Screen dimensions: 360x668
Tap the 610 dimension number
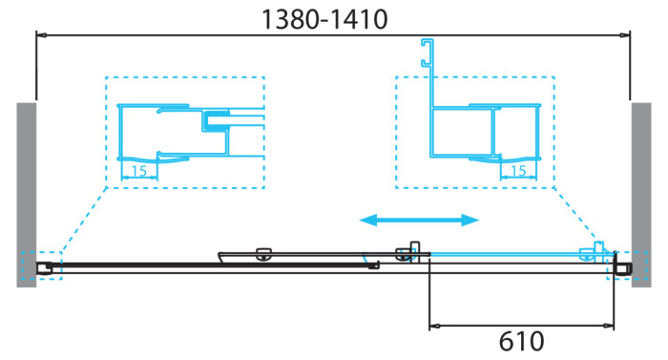point(521,342)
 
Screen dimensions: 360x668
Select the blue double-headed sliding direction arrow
point(418,221)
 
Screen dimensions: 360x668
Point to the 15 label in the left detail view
point(139,171)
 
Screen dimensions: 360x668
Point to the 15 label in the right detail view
point(519,171)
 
